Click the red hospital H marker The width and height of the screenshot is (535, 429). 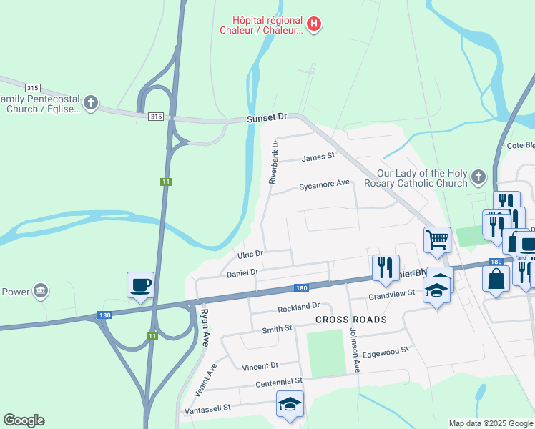[x=313, y=25]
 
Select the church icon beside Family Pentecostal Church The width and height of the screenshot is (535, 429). [x=90, y=103]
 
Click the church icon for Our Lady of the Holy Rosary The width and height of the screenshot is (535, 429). [x=478, y=177]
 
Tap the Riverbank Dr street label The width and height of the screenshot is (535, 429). [x=273, y=162]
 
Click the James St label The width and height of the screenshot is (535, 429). [x=318, y=157]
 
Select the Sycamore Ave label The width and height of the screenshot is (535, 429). [x=324, y=184]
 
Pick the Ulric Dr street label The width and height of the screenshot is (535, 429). [x=250, y=255]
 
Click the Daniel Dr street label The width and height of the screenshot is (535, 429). [x=242, y=272]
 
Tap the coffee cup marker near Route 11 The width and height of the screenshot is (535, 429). [x=140, y=285]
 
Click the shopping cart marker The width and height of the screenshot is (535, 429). [x=437, y=240]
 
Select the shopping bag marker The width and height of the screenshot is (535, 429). [x=496, y=277]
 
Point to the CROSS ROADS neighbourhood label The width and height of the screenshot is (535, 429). [x=350, y=320]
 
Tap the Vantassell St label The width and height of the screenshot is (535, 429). [x=207, y=408]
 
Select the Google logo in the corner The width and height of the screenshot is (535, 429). [x=24, y=420]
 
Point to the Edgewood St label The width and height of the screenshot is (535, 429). [x=386, y=352]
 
